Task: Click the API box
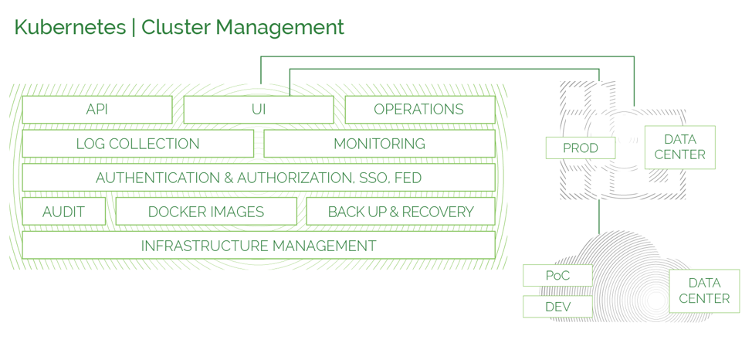pyautogui.click(x=97, y=110)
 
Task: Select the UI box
pyautogui.click(x=259, y=110)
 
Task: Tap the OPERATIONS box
pyautogui.click(x=420, y=110)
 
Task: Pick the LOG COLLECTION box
pyautogui.click(x=138, y=144)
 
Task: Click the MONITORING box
pyautogui.click(x=379, y=144)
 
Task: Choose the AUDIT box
pyautogui.click(x=64, y=211)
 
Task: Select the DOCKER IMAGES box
pyautogui.click(x=206, y=211)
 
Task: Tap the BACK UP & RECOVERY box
pyautogui.click(x=401, y=211)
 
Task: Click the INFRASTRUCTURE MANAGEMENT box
pyautogui.click(x=259, y=246)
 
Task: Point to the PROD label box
pyautogui.click(x=581, y=148)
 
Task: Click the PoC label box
pyautogui.click(x=557, y=276)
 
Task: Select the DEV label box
pyautogui.click(x=557, y=307)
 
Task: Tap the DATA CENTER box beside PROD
pyautogui.click(x=680, y=148)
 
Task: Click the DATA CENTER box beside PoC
pyautogui.click(x=705, y=291)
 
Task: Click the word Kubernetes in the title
pyautogui.click(x=70, y=27)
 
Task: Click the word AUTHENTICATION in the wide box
pyautogui.click(x=158, y=178)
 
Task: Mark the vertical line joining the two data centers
pyautogui.click(x=599, y=217)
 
